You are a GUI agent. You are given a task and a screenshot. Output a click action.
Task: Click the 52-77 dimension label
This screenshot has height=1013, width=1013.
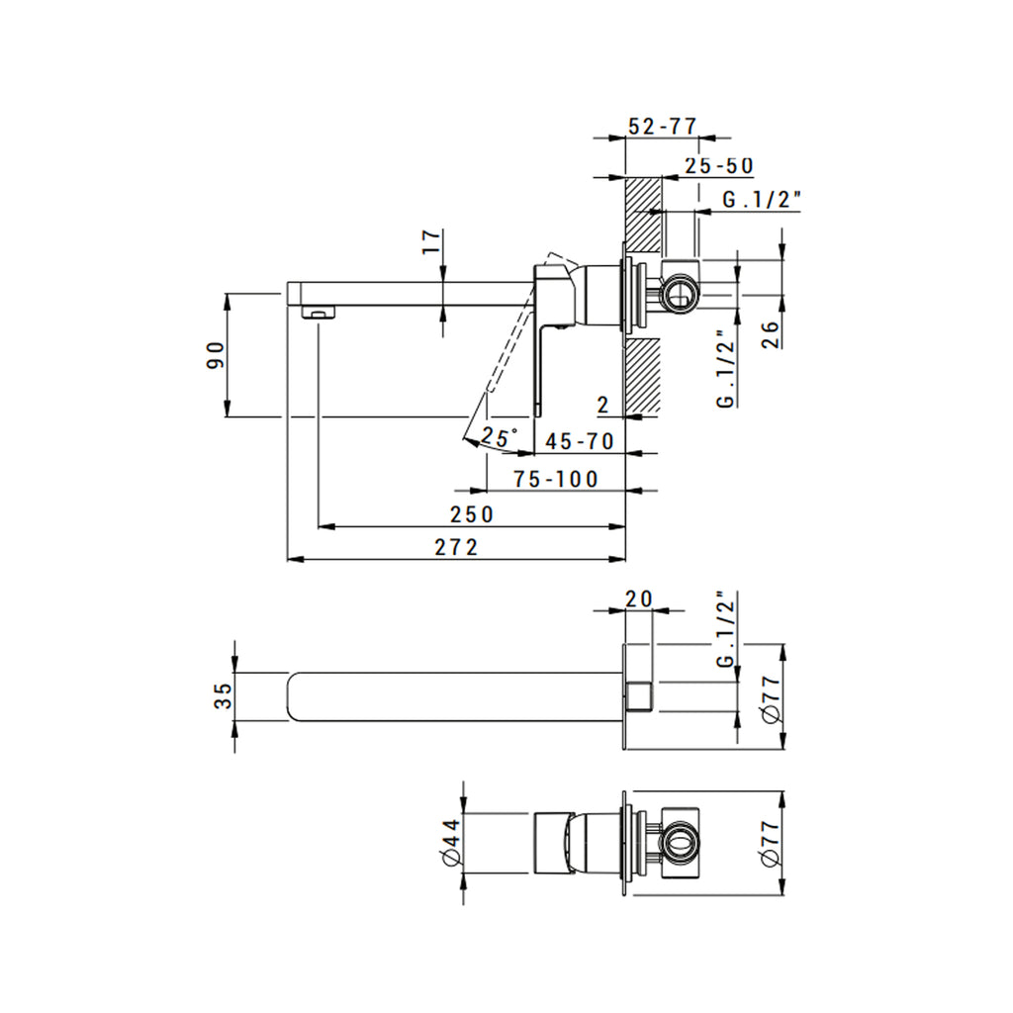663,127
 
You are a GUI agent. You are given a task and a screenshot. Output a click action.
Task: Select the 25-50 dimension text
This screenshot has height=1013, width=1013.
719,166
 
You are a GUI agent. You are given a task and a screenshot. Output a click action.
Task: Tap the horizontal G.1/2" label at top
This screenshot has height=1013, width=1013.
761,200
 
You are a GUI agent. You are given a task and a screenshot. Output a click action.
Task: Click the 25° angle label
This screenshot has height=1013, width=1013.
500,436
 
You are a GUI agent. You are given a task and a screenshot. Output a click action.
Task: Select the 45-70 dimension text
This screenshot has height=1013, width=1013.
579,441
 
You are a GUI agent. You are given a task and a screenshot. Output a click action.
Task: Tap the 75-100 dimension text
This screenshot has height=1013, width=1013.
556,479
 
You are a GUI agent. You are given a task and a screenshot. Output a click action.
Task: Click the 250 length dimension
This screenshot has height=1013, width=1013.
471,514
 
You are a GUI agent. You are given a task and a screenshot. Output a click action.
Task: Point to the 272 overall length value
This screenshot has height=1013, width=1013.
456,547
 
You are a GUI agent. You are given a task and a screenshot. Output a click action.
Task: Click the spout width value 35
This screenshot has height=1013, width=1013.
224,696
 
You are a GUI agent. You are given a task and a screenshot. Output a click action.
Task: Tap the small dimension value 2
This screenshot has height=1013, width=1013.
602,404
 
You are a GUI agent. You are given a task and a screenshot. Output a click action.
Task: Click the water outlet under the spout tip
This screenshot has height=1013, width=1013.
317,314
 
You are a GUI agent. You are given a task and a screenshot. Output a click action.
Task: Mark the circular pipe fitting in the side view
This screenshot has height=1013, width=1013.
679,292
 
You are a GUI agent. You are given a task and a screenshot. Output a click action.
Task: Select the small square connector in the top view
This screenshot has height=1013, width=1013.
638,696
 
